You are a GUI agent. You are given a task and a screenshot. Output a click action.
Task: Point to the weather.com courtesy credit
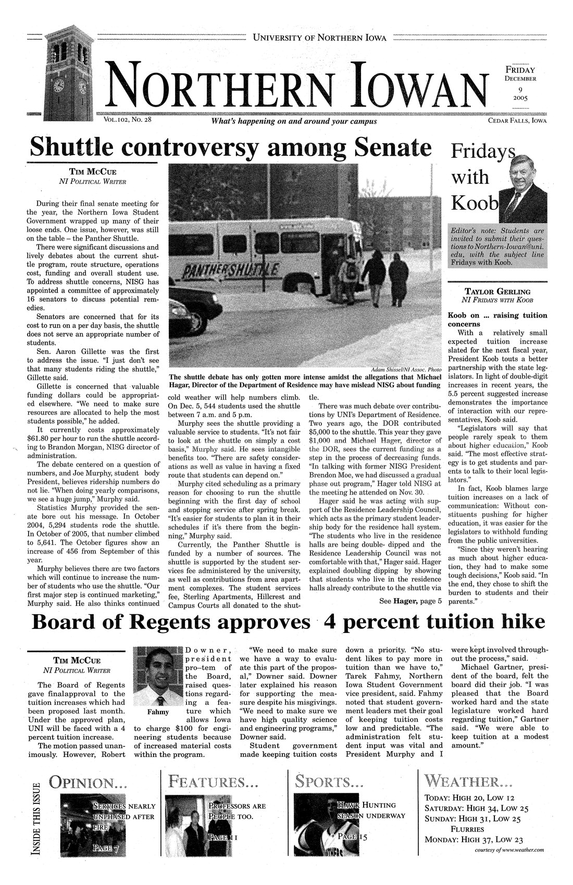[x=509, y=850]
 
